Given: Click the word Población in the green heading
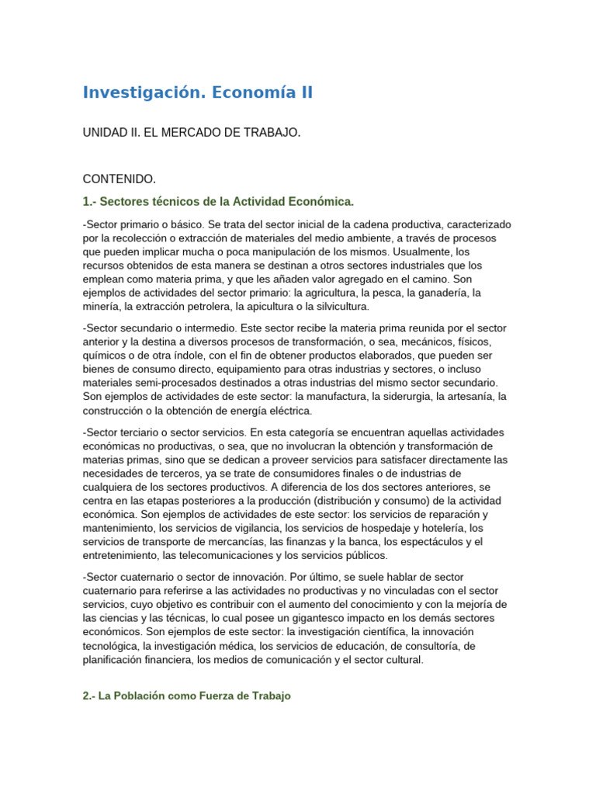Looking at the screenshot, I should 152,696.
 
